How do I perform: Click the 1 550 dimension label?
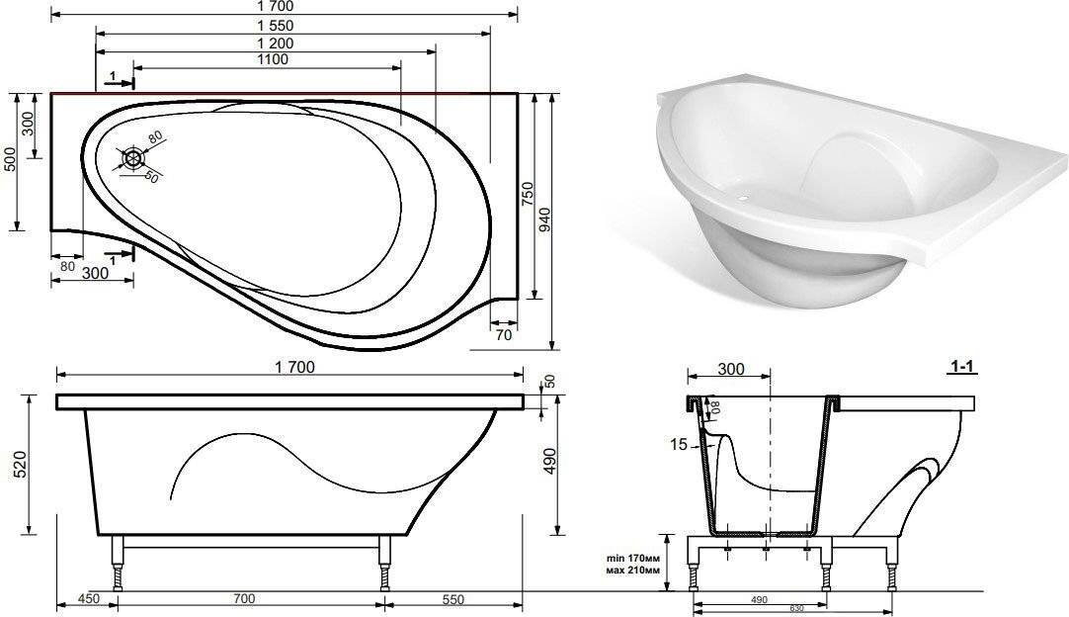pos(276,26)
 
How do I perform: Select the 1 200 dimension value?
pos(276,44)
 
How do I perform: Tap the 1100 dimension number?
pos(273,60)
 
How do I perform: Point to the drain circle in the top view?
pos(133,159)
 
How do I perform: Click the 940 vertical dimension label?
pos(544,220)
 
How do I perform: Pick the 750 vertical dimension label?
pos(527,195)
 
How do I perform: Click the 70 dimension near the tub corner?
pos(503,335)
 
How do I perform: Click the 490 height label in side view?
pos(549,461)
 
